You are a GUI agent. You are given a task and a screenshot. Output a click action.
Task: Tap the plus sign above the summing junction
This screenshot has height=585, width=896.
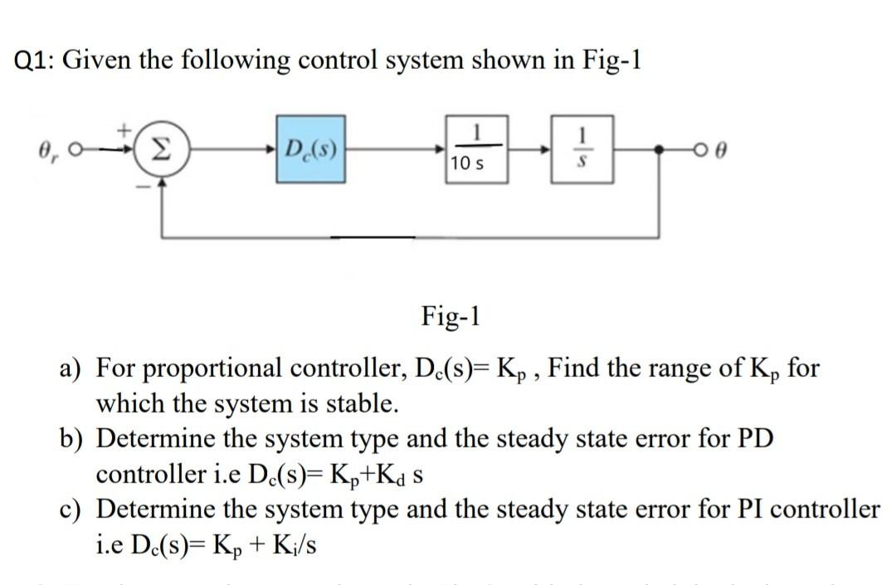[126, 131]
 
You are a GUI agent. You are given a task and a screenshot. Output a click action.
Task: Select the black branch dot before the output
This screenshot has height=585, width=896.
[661, 153]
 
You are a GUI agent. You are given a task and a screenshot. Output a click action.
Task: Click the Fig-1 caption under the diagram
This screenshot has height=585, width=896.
[450, 316]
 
